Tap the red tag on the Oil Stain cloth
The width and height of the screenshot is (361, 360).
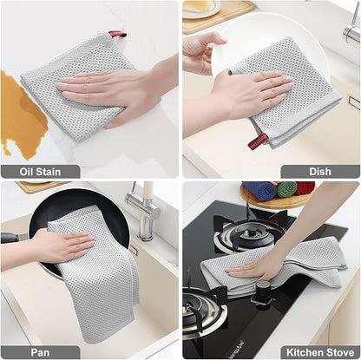tap(116, 35)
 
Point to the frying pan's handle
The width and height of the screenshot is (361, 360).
tap(12, 237)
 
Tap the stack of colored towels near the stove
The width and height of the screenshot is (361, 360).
tap(278, 189)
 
